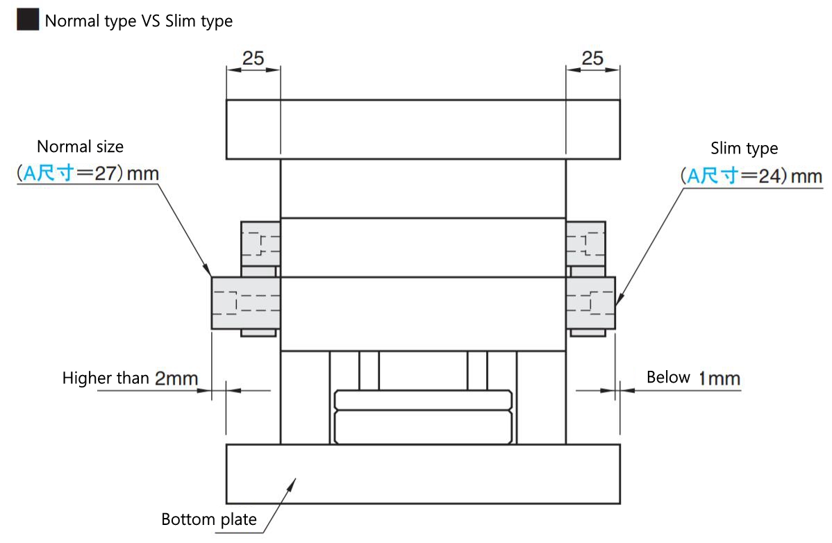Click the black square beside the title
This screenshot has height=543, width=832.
pos(28,19)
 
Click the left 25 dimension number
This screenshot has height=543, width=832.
pos(253,58)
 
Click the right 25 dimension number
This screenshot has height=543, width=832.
pos(592,58)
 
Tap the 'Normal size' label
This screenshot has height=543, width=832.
pos(80,147)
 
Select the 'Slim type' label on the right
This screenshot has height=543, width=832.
pos(744,149)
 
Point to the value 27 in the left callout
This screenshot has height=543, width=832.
pos(105,174)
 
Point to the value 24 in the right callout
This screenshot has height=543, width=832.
pos(769,176)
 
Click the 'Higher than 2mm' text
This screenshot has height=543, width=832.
pos(130,378)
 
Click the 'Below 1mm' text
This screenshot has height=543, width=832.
pos(693,378)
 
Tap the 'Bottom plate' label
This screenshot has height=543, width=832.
pos(209,519)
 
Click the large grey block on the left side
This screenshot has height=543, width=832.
pos(246,303)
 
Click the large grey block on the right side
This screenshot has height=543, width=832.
pos(590,303)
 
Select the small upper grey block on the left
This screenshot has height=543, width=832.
pos(260,244)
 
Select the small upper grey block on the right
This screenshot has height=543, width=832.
pos(585,244)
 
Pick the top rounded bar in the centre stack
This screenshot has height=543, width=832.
pos(423,400)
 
